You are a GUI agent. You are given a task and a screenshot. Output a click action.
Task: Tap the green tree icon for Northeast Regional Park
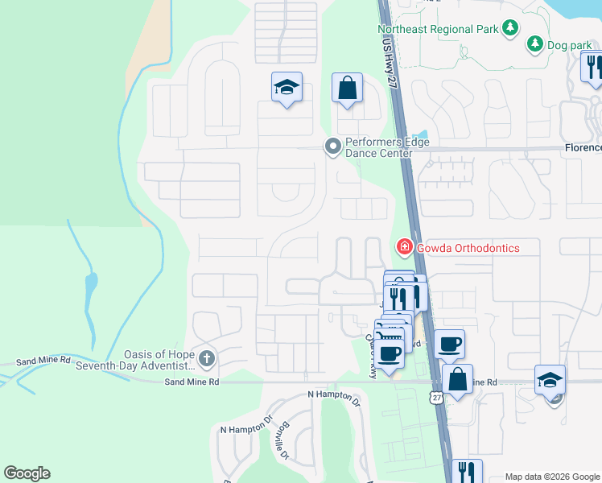509,29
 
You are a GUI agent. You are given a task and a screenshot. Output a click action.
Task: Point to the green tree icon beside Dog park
534,43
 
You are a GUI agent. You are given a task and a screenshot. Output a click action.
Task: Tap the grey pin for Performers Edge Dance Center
332,147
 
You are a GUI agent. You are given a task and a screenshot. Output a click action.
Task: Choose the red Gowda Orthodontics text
468,248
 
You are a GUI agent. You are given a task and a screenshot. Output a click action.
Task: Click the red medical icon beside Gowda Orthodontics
404,246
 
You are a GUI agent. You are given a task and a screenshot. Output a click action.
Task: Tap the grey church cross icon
208,358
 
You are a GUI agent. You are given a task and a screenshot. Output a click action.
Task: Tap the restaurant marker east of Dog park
592,66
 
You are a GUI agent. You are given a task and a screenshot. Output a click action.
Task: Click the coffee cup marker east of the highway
449,344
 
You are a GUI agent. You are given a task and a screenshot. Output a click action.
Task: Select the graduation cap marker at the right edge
550,380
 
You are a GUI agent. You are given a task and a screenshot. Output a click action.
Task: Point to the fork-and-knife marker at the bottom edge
466,472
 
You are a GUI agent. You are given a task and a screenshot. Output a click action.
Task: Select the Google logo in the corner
27,473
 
